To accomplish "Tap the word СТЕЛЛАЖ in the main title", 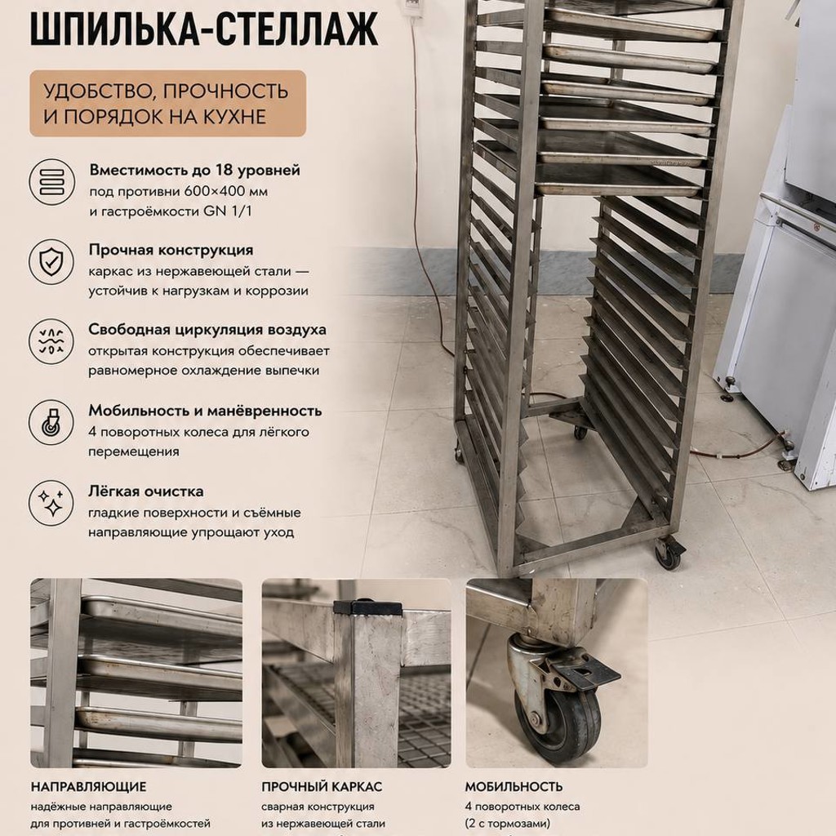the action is click(x=291, y=29).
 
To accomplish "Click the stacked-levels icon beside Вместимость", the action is click(x=51, y=182).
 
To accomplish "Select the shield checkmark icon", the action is click(x=51, y=261).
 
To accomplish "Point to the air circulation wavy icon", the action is click(x=51, y=342).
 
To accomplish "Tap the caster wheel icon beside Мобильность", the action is click(x=51, y=422).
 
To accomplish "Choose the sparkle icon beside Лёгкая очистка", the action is click(x=51, y=503).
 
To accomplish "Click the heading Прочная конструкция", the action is click(x=171, y=250).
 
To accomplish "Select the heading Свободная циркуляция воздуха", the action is click(x=207, y=330).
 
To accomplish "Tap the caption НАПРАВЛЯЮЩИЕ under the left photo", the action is click(x=88, y=786).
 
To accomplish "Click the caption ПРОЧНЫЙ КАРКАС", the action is click(x=322, y=786).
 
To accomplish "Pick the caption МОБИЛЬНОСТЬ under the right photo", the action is click(x=514, y=786).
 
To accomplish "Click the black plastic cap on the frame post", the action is click(x=367, y=607).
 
